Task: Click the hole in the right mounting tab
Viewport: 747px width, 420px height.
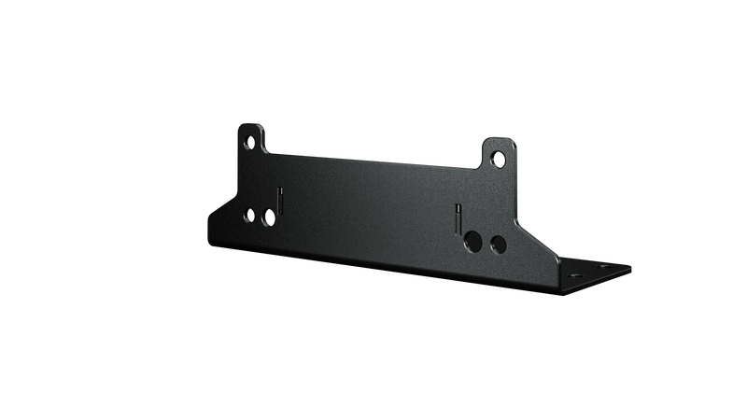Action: [x=498, y=158]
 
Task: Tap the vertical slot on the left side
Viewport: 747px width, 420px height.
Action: [x=278, y=200]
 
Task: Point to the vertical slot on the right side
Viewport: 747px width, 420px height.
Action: [x=458, y=219]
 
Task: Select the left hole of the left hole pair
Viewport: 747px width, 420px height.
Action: [x=249, y=216]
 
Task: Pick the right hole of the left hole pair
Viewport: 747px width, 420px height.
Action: [x=268, y=217]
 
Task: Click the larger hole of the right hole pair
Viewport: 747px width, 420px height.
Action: [x=475, y=243]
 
